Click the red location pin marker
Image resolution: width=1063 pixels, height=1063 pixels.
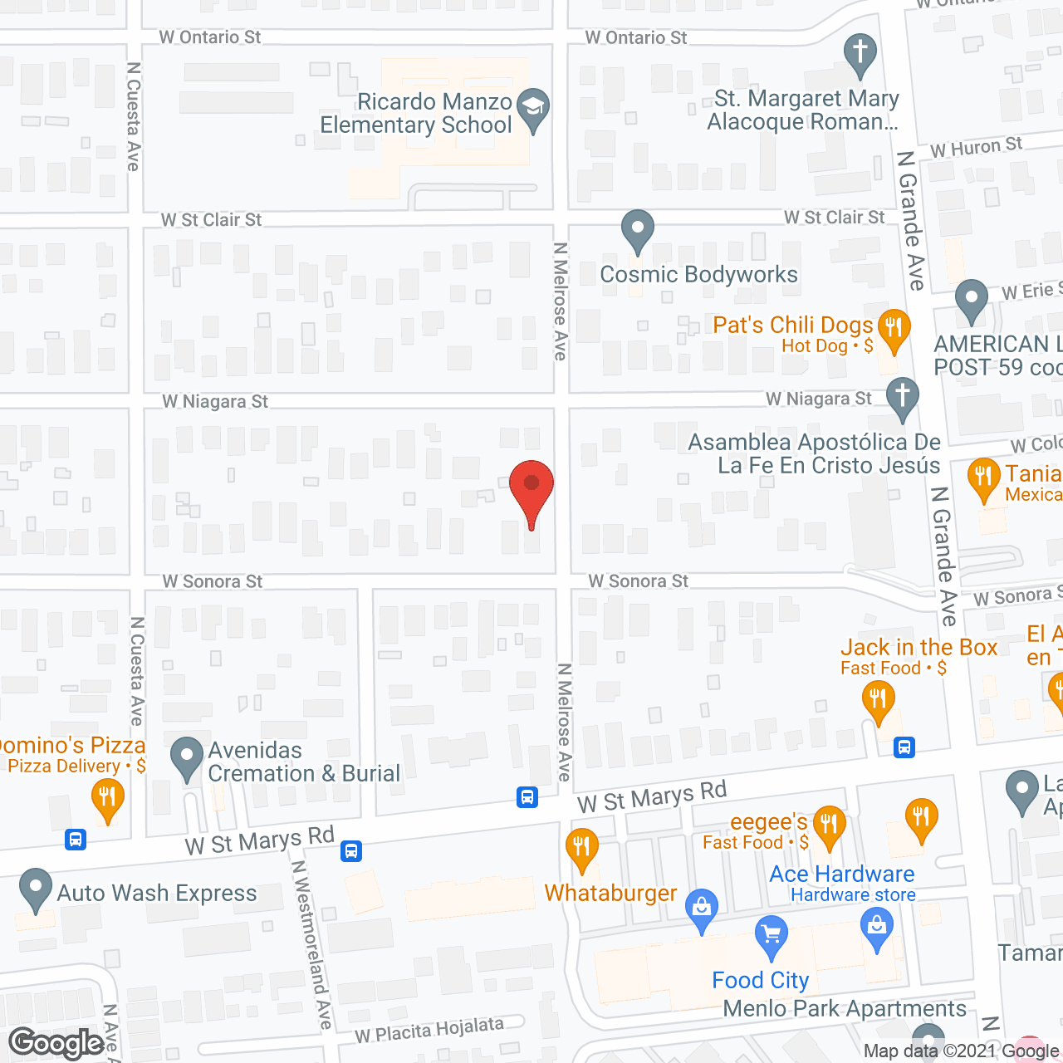pos(531,489)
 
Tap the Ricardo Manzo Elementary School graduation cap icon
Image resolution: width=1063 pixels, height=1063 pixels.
pos(532,108)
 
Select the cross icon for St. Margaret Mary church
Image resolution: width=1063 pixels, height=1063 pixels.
pos(860,51)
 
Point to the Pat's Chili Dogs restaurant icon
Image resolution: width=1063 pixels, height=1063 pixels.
pos(894,327)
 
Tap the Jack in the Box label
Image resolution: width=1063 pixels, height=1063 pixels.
pos(918,648)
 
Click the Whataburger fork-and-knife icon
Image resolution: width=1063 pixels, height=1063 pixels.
pos(581,847)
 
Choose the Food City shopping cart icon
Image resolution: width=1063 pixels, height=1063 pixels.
pos(772,935)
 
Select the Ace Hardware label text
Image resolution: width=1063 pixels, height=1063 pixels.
pos(841,874)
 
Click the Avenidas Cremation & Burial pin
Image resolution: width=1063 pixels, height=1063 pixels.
pos(187,757)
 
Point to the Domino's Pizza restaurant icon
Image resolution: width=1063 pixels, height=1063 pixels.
pos(107,797)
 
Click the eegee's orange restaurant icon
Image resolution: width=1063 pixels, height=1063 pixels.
pos(829,825)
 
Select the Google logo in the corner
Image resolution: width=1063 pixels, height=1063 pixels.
pos(56,1043)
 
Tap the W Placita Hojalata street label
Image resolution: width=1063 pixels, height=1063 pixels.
pos(429,1031)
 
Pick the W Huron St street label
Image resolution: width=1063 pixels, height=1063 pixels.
pos(976,148)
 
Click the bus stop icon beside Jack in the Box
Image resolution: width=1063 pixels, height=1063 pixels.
pos(904,747)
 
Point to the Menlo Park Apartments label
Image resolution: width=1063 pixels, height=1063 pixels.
pos(845,1009)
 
